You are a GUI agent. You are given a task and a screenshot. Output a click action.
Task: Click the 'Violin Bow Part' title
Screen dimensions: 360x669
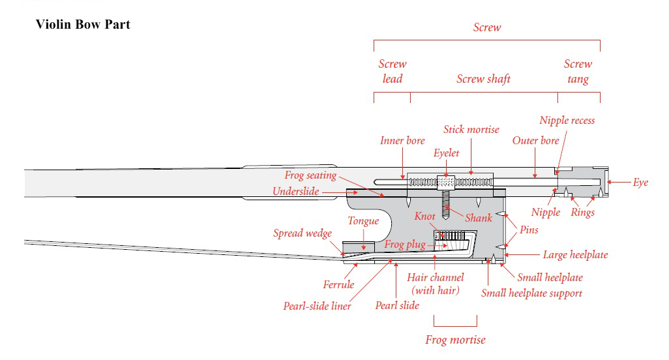(83, 25)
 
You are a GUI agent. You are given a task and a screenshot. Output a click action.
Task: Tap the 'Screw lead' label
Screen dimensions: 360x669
(392, 72)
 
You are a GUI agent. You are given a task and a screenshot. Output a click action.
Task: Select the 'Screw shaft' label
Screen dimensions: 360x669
(483, 79)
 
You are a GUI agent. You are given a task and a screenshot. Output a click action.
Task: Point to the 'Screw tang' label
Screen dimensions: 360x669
(578, 72)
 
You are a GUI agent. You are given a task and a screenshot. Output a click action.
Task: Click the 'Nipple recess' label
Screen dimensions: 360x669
(567, 120)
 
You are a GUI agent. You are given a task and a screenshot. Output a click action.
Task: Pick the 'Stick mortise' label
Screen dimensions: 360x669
(471, 129)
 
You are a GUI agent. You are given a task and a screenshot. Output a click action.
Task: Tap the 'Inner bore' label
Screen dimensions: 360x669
(402, 140)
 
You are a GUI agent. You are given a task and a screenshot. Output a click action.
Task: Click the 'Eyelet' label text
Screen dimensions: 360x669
(446, 153)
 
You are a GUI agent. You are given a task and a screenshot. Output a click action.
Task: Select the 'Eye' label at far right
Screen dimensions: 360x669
(640, 183)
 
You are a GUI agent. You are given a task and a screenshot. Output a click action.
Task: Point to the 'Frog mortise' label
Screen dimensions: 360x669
(455, 340)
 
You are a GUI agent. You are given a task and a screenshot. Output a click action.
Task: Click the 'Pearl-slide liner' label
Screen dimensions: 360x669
(317, 306)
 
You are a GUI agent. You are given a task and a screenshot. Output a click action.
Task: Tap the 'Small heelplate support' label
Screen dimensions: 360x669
(531, 293)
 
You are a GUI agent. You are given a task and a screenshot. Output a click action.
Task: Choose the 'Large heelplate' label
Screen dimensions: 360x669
(575, 255)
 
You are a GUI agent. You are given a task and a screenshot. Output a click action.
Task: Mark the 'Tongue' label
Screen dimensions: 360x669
(363, 221)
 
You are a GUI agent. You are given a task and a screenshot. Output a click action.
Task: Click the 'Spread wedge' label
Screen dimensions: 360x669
(302, 233)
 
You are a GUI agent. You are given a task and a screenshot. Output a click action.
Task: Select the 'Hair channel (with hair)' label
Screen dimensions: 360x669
(436, 284)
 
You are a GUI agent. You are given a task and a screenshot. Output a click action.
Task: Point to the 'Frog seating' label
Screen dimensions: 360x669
(310, 175)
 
